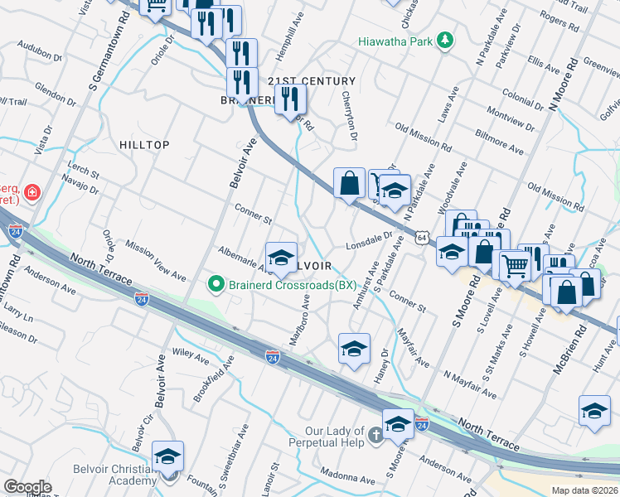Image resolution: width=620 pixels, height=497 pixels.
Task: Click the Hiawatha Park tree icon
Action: tap(446, 41)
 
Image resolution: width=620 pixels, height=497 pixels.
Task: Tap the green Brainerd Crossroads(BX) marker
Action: tap(216, 285)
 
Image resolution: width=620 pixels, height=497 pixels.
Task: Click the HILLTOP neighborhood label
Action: tap(144, 145)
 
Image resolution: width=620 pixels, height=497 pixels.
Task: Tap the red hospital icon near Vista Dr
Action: tap(31, 192)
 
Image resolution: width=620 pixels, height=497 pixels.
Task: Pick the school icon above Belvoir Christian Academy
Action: tap(167, 456)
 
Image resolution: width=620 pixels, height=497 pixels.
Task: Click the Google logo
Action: tap(27, 486)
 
